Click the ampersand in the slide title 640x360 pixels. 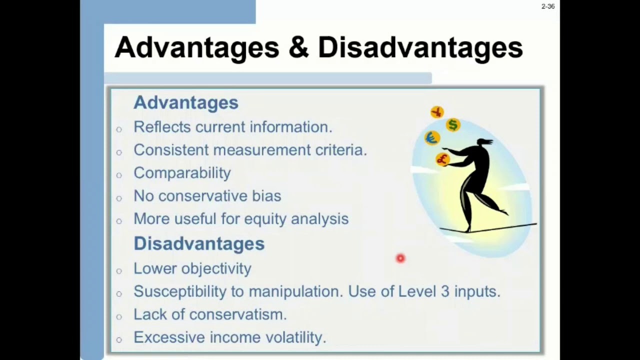(298, 47)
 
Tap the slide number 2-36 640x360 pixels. (548, 6)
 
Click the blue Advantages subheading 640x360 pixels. (186, 102)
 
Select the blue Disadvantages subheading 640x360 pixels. (199, 243)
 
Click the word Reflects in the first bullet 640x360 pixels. (162, 127)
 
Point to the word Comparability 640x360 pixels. (182, 173)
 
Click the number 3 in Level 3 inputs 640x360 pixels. (445, 291)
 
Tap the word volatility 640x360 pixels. (295, 337)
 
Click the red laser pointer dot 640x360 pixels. (400, 258)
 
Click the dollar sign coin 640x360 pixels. (453, 125)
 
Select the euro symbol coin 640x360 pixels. (432, 138)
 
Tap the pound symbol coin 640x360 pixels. (442, 159)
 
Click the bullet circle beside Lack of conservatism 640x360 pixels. (119, 316)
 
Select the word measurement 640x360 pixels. (262, 150)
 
